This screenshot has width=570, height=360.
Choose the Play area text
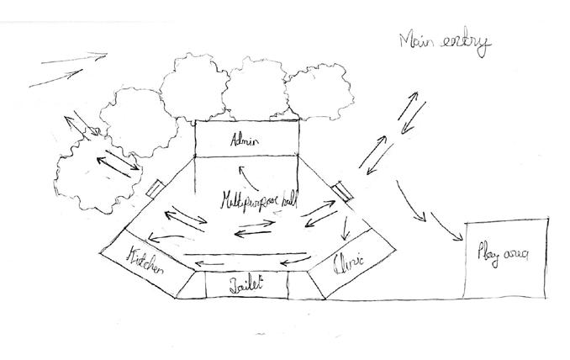pyautogui.click(x=503, y=253)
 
